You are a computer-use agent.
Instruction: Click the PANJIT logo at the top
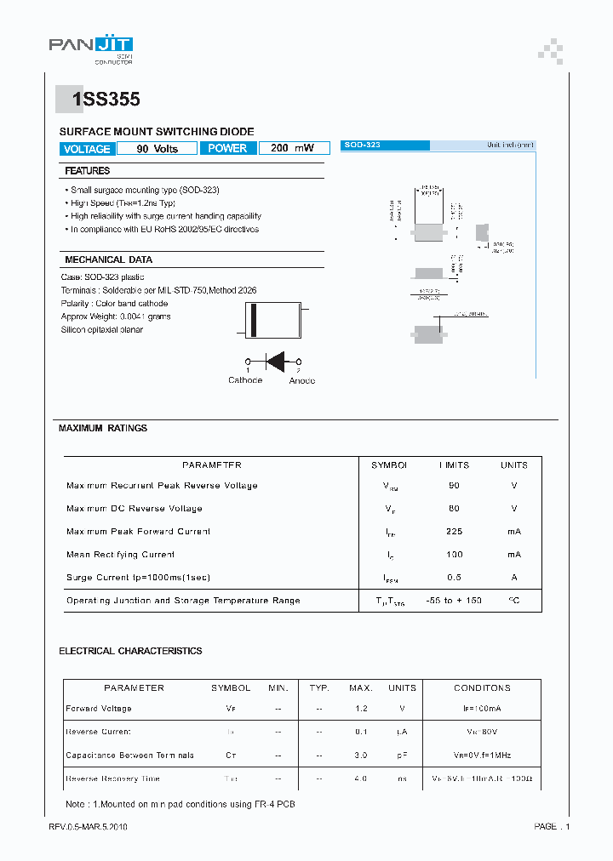click(x=90, y=48)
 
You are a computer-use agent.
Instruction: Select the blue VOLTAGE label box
click(x=87, y=149)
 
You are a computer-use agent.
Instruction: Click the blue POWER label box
click(x=227, y=148)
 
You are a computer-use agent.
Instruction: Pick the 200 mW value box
click(x=292, y=148)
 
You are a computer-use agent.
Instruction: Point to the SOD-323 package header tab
click(x=384, y=145)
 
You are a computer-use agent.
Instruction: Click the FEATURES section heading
click(x=88, y=171)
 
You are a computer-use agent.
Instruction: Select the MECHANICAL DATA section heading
click(x=108, y=259)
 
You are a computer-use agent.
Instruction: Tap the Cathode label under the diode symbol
click(x=245, y=380)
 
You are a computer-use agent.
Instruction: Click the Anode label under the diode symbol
click(x=301, y=380)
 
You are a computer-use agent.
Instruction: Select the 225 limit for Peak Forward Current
click(x=454, y=532)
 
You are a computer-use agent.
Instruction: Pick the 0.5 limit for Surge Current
click(x=454, y=578)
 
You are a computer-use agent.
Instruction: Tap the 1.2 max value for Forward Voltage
click(x=361, y=709)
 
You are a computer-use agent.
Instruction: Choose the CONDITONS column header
click(x=482, y=687)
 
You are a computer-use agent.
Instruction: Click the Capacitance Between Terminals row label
click(x=130, y=756)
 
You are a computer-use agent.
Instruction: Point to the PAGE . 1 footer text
click(x=552, y=826)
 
